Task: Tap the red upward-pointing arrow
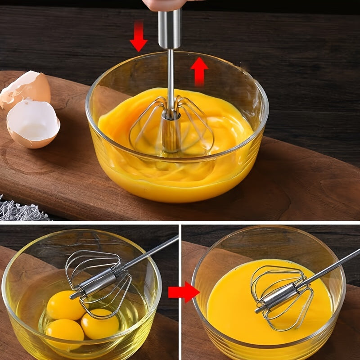(199, 70)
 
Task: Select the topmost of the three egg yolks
(65, 305)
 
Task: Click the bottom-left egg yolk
(64, 331)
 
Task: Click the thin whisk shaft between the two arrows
(170, 74)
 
